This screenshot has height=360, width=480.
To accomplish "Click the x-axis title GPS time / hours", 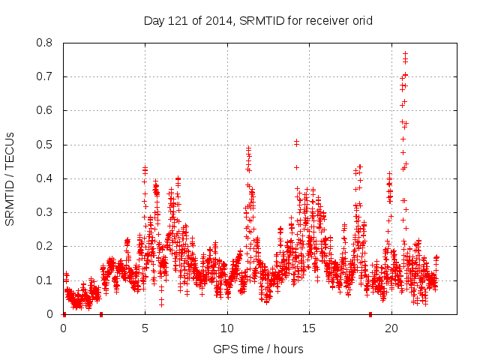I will pos(258,349).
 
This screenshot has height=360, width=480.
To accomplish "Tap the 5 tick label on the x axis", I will pos(145,328).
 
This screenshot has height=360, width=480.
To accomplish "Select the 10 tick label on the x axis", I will pos(227,328).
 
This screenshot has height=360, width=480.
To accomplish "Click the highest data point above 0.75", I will pos(405,54).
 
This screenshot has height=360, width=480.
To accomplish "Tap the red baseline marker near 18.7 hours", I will pos(370,314).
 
